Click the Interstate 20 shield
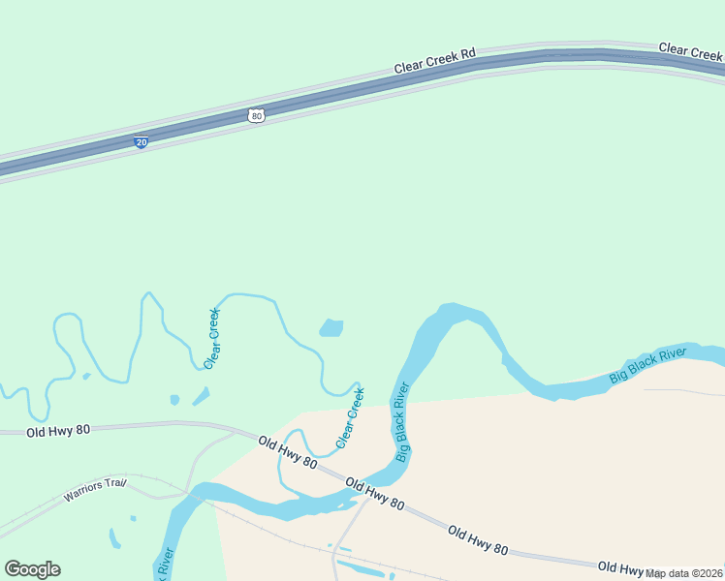pyautogui.click(x=142, y=142)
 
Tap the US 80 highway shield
pyautogui.click(x=256, y=115)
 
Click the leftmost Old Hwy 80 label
pyautogui.click(x=58, y=430)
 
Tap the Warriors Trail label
pyautogui.click(x=95, y=490)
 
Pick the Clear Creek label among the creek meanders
pyautogui.click(x=213, y=338)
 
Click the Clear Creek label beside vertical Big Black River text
pyautogui.click(x=351, y=417)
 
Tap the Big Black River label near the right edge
pyautogui.click(x=648, y=364)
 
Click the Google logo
pyautogui.click(x=32, y=569)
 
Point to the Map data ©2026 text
pyautogui.click(x=684, y=573)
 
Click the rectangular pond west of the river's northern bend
pyautogui.click(x=331, y=328)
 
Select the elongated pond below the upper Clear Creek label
pyautogui.click(x=202, y=396)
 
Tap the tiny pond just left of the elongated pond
pyautogui.click(x=174, y=399)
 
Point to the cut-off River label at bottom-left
pyautogui.click(x=163, y=563)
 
